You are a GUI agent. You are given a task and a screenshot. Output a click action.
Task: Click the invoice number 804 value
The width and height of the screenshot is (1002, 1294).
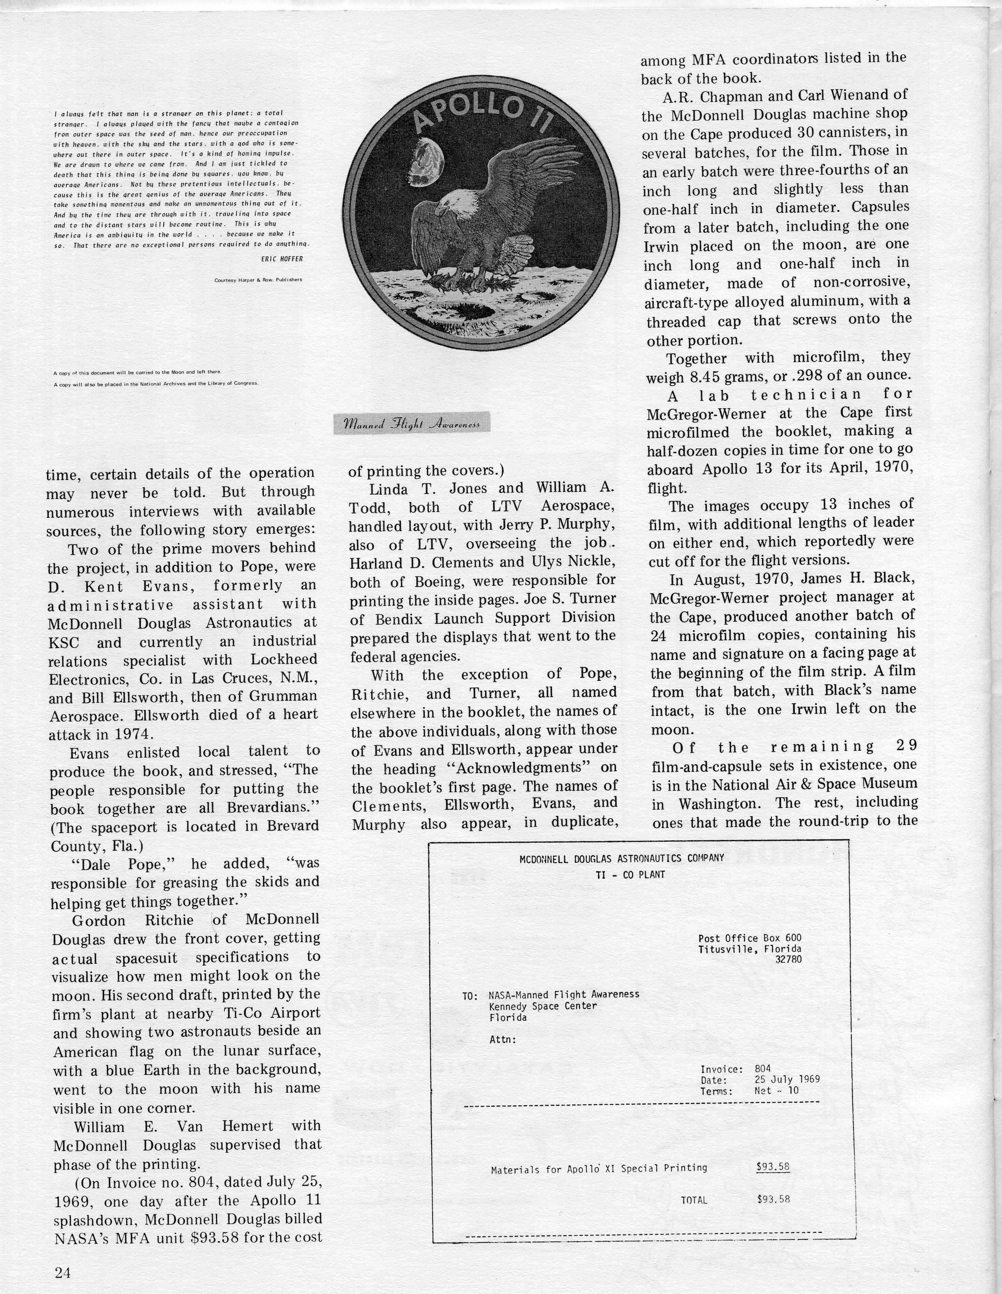coord(763,1070)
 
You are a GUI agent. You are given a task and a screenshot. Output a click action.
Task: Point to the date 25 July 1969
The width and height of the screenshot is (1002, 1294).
coord(787,1079)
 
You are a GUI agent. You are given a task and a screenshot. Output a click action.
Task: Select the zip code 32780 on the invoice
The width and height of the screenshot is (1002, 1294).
coord(788,959)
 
